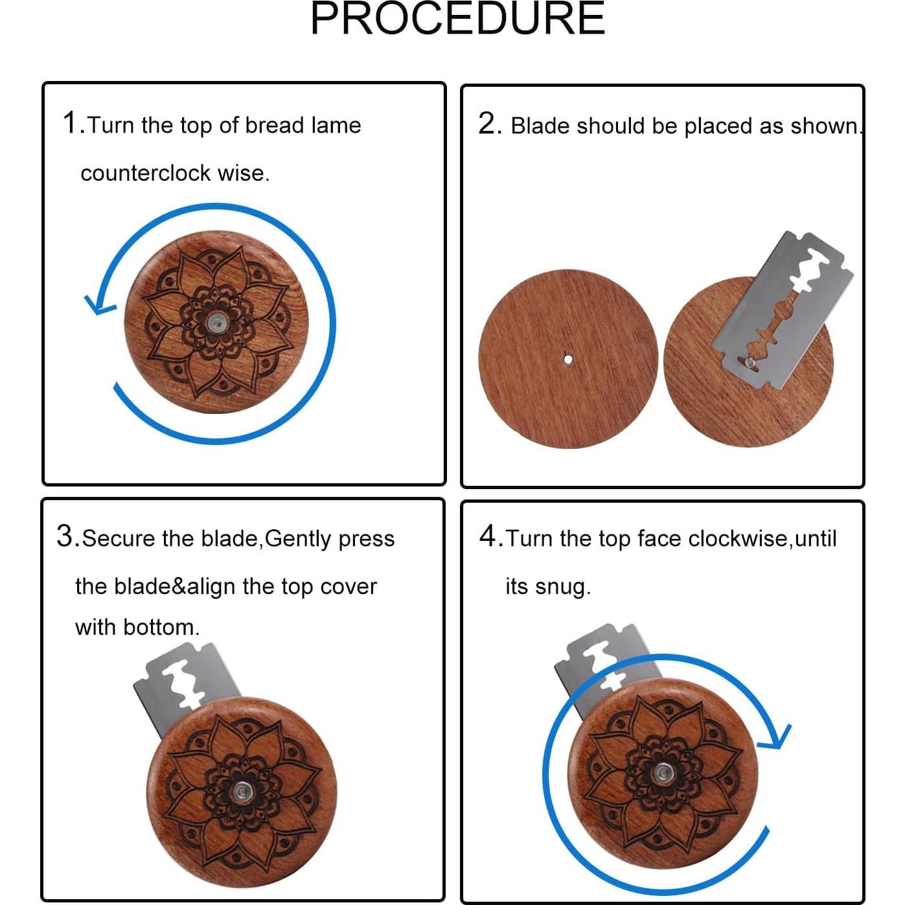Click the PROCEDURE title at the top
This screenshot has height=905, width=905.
[457, 18]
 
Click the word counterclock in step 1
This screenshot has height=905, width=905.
[146, 174]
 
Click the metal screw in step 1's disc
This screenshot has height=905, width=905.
[216, 323]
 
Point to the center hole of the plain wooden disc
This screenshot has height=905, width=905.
[567, 360]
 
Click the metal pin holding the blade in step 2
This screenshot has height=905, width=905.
[750, 361]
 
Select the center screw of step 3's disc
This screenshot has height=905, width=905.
[242, 793]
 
